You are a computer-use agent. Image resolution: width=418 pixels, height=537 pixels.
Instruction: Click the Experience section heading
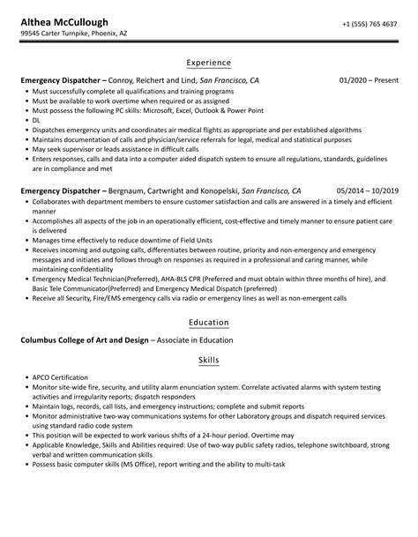click(208, 63)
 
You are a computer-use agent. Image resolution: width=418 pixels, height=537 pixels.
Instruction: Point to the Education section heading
click(208, 322)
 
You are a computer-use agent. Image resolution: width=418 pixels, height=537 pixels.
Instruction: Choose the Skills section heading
click(208, 361)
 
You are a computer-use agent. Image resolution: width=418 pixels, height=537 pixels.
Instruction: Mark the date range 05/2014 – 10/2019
click(367, 165)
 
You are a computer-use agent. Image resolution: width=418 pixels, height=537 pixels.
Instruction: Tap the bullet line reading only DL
click(36, 120)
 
